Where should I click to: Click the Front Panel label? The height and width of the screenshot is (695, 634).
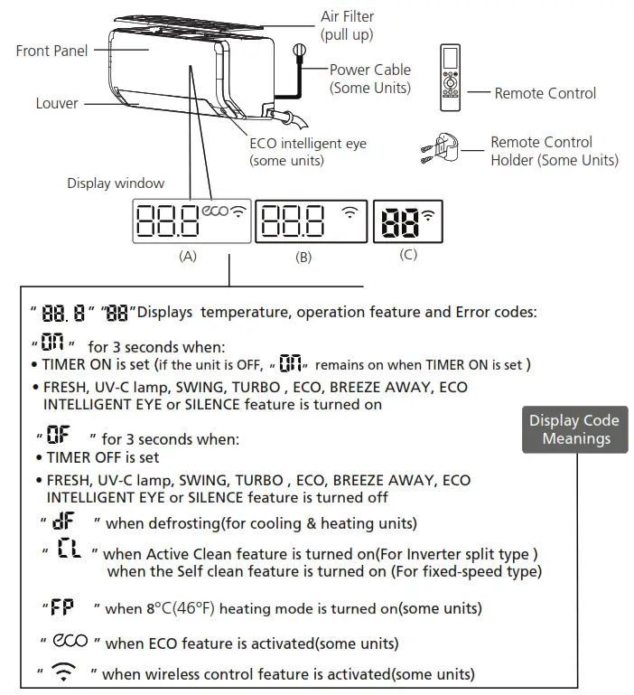(51, 51)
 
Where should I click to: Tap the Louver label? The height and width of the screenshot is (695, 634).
(57, 103)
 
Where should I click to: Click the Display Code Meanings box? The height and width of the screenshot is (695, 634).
(574, 429)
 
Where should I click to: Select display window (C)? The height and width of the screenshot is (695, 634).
(408, 221)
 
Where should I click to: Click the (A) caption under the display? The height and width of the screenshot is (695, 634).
(188, 257)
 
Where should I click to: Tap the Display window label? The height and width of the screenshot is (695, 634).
(116, 183)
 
